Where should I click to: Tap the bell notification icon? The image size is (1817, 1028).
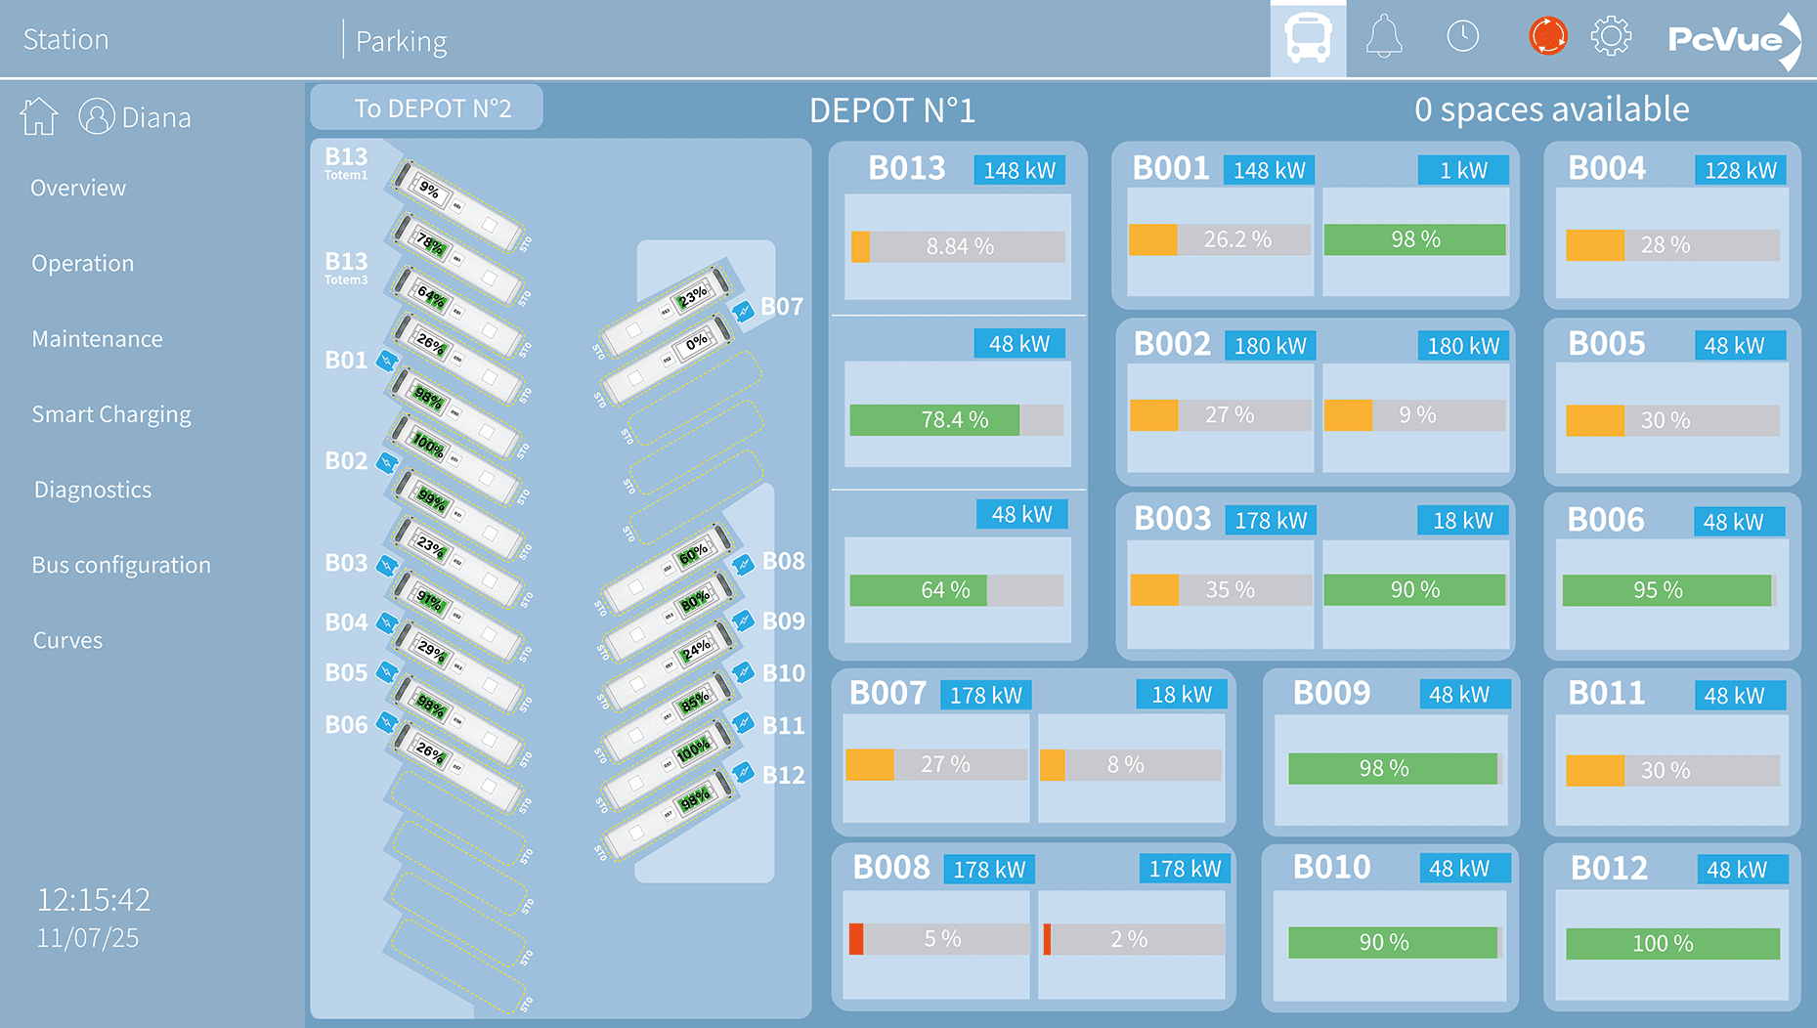coord(1384,38)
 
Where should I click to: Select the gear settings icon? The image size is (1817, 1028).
coord(1611,38)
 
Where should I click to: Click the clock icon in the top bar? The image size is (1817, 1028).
coord(1462,37)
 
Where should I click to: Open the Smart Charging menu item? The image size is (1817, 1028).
coord(111,414)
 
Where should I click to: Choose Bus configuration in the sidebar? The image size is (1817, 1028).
coord(121,565)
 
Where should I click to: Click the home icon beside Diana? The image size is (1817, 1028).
coord(39,117)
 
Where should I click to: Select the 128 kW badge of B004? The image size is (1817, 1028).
coord(1741,170)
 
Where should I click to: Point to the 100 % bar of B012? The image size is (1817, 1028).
coord(1672,943)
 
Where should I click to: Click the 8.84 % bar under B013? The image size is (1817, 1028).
coord(958,246)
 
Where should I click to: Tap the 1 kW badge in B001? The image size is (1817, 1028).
coord(1463,170)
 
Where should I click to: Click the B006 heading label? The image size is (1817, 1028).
coord(1606,520)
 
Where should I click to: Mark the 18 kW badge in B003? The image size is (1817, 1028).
coord(1463,521)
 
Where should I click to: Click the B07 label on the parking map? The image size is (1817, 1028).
coord(782,307)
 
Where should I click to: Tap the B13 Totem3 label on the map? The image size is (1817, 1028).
coord(346,267)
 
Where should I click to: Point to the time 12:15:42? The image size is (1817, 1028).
coord(94,899)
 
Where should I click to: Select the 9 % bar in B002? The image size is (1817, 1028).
coord(1414,415)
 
